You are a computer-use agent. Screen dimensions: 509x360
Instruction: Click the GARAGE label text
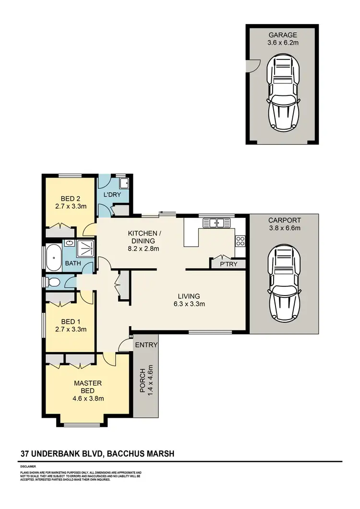[x=283, y=35]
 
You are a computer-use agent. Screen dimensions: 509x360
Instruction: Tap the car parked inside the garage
[x=283, y=94]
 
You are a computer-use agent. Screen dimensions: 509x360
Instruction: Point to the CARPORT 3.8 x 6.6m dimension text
[x=284, y=228]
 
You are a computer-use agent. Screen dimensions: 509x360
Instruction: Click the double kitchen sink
[x=216, y=223]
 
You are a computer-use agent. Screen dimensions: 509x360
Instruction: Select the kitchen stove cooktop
[x=240, y=240]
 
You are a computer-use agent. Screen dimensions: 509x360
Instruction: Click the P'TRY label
[x=228, y=264]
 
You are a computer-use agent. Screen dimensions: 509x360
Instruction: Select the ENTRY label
[x=146, y=345]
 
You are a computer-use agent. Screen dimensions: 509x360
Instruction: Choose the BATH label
[x=72, y=263]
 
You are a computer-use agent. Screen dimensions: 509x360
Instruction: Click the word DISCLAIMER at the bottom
[x=28, y=466]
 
